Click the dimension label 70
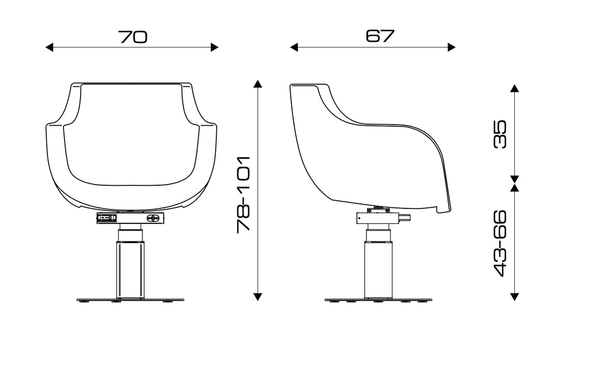[132, 37]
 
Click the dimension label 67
[380, 36]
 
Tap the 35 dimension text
[500, 134]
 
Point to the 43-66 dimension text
[500, 243]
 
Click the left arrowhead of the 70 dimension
[49, 47]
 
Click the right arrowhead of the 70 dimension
[215, 47]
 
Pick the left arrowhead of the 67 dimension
[294, 47]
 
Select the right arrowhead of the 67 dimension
[451, 47]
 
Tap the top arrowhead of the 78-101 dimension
[258, 84]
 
